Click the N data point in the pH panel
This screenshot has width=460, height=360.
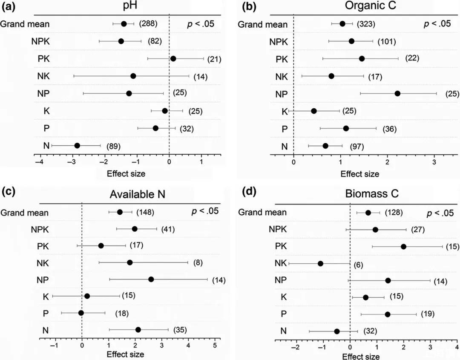[x=77, y=146]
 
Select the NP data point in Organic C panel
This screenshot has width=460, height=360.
[x=397, y=93]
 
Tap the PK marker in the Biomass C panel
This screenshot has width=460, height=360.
[x=403, y=246]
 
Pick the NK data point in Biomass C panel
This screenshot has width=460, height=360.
[x=321, y=264]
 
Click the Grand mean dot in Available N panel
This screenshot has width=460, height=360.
[x=120, y=212]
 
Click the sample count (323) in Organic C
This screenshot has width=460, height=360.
[x=366, y=24]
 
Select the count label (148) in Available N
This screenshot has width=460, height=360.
[x=145, y=212]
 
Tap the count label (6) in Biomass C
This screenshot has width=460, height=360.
[x=358, y=264]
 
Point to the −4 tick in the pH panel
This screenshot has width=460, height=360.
[x=40, y=162]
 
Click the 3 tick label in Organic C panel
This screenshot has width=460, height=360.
[x=434, y=162]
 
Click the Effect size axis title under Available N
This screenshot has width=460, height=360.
[x=125, y=354]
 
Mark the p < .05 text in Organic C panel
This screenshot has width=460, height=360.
[x=437, y=24]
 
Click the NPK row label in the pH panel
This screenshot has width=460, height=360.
[x=41, y=41]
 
